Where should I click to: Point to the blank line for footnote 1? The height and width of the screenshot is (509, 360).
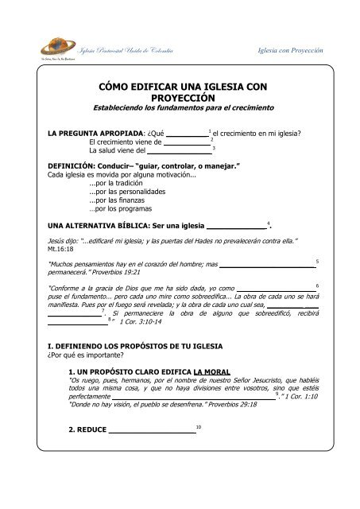point(184,134)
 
